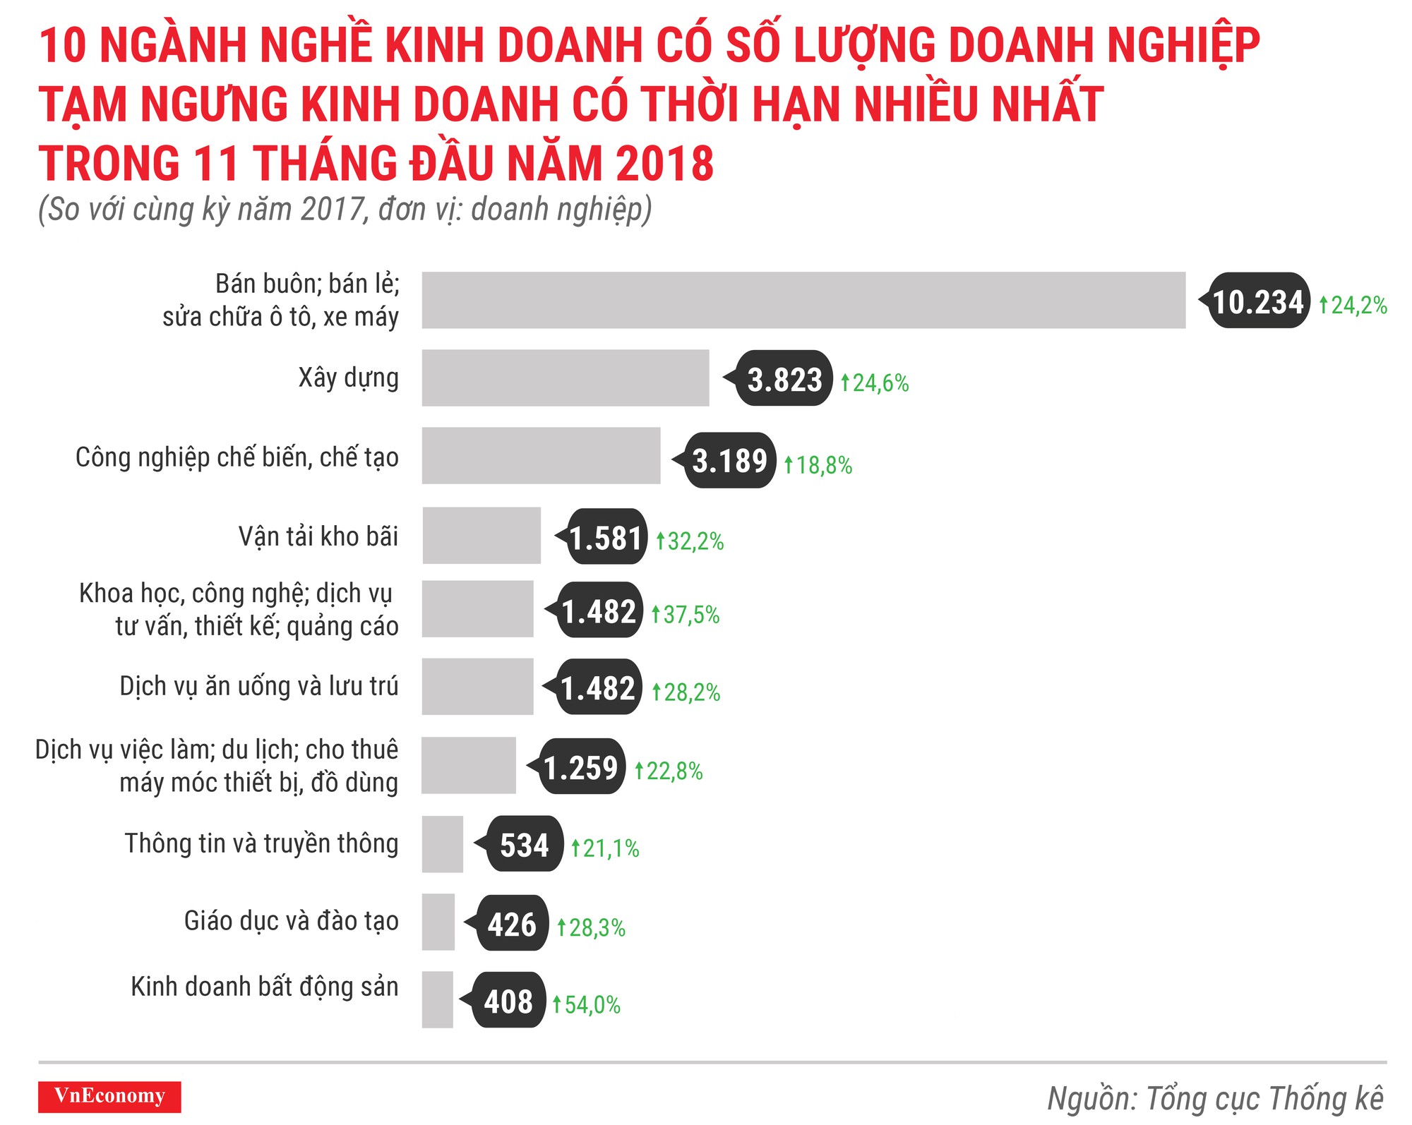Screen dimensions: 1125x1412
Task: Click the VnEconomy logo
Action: point(109,1096)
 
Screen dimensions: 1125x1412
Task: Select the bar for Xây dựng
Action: point(565,378)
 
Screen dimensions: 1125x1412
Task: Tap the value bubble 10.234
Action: point(1257,301)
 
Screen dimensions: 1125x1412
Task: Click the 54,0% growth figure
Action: point(587,1004)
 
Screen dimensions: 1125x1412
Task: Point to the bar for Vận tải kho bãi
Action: point(481,535)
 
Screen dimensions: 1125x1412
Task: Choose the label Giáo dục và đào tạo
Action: point(291,921)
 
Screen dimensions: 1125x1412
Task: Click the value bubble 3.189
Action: point(729,460)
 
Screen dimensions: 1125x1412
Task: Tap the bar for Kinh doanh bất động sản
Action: point(438,999)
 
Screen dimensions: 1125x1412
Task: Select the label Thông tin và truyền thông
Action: point(261,843)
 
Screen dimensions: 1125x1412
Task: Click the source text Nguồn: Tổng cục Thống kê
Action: point(1215,1098)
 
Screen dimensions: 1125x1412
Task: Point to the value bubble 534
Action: point(524,844)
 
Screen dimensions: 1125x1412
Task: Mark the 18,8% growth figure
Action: point(819,465)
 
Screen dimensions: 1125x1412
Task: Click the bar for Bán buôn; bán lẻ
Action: point(803,300)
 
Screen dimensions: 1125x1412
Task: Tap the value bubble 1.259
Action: point(580,767)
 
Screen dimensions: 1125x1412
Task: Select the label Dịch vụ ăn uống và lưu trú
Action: point(258,686)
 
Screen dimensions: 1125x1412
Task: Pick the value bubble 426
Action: point(512,923)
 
